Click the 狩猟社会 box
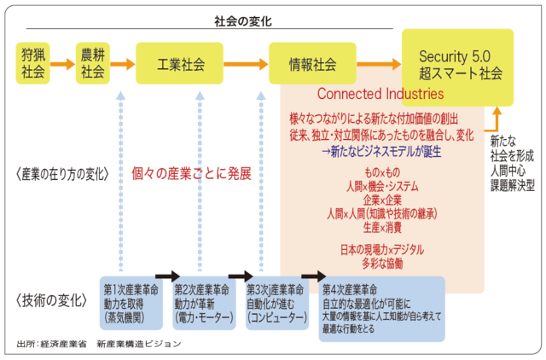pyautogui.click(x=32, y=65)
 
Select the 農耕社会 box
pyautogui.click(x=93, y=65)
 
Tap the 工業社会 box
pyautogui.click(x=182, y=65)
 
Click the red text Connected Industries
pyautogui.click(x=380, y=93)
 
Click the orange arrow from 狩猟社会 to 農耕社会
pyautogui.click(x=62, y=65)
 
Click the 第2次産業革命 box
pyautogui.click(x=206, y=301)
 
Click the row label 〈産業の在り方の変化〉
pyautogui.click(x=62, y=173)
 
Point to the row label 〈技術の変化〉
pyautogui.click(x=52, y=299)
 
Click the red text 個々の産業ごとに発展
pyautogui.click(x=191, y=173)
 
